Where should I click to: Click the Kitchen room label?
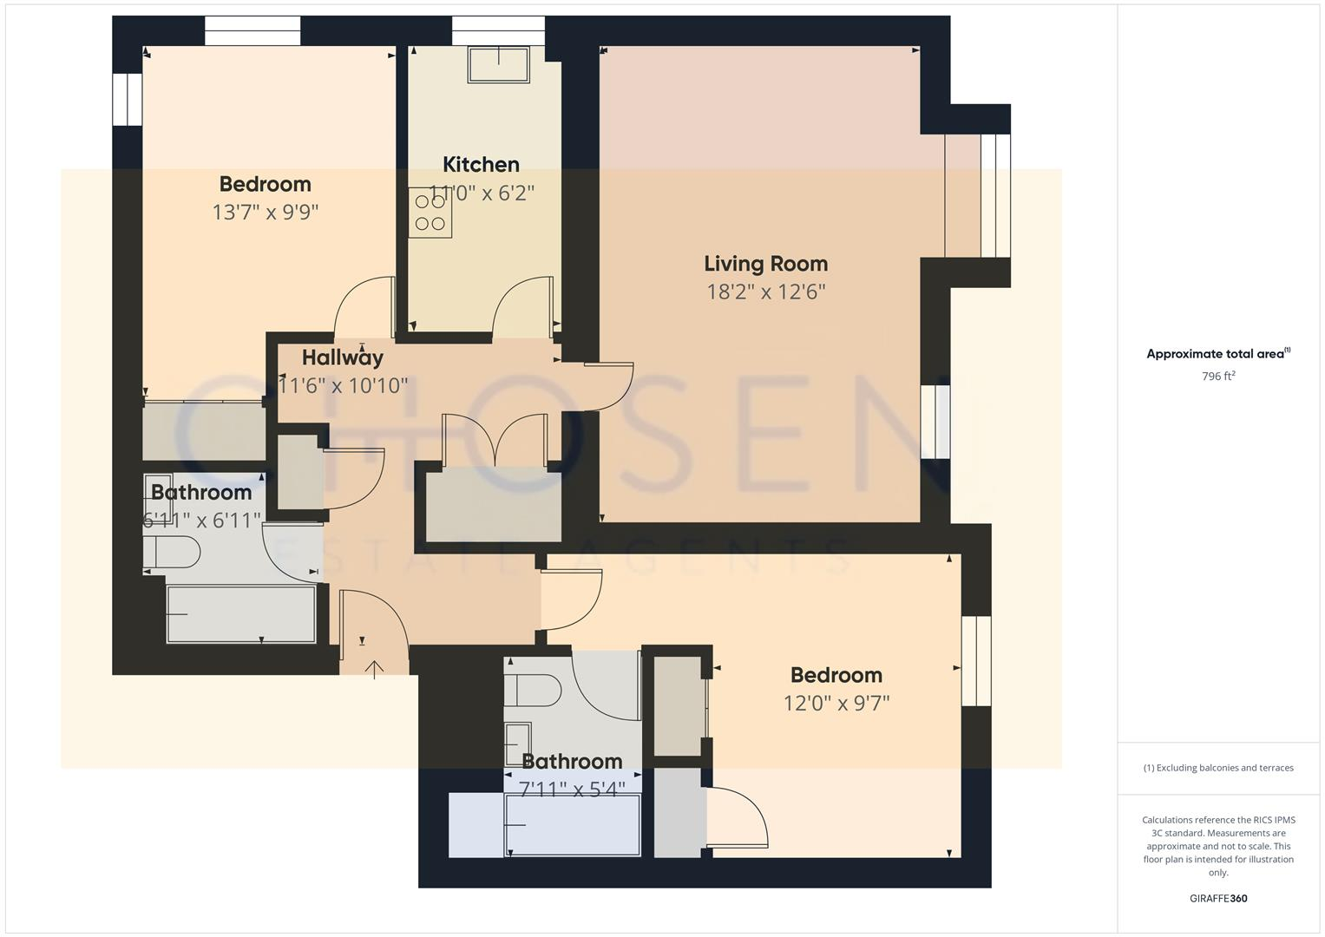point(481,165)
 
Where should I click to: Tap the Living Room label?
point(765,264)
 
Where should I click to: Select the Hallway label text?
point(343,357)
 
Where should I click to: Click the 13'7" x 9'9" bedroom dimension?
point(266,213)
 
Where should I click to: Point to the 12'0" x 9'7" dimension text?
point(836,703)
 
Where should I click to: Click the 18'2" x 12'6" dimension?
point(765,292)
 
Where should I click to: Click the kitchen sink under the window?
point(499,64)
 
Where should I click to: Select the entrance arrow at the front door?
point(374,668)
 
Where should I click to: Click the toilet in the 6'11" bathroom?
point(172,552)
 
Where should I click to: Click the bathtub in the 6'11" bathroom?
point(241,615)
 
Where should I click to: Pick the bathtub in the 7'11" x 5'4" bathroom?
point(573,825)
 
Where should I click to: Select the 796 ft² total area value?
point(1218,377)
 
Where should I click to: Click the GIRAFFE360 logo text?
point(1218,898)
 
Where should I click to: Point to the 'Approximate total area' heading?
point(1218,354)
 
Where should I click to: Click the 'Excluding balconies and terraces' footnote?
point(1218,768)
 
